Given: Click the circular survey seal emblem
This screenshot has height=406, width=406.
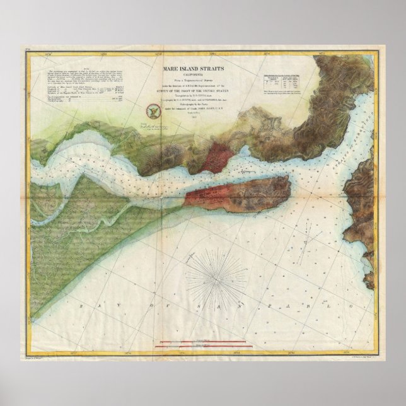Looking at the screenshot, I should click(x=152, y=110).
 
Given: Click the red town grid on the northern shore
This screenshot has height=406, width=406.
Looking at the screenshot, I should click(x=217, y=155).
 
